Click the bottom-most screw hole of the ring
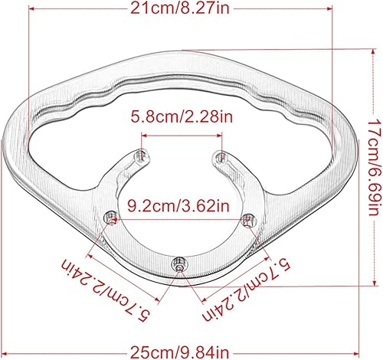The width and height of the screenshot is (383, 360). [179, 267]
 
